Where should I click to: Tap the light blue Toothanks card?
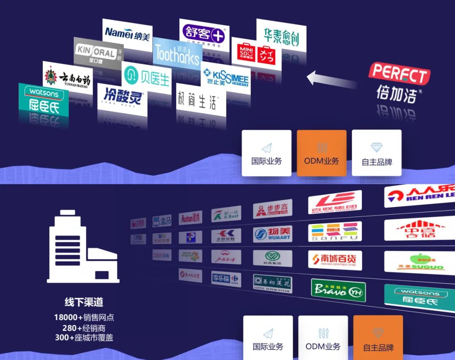[x=177, y=54]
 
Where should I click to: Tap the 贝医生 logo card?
[x=147, y=77]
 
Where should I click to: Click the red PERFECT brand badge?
[x=399, y=75]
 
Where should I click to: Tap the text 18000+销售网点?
[x=84, y=317]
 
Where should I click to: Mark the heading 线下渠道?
[x=84, y=302]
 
